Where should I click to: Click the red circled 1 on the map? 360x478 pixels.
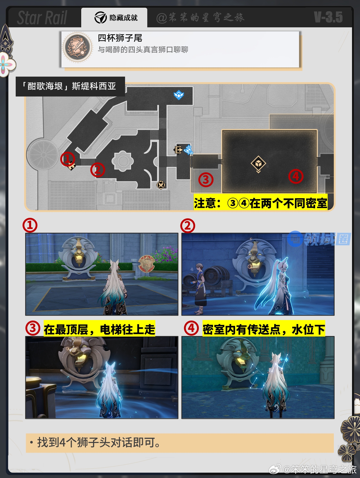(68, 159)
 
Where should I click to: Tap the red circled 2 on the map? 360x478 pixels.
(98, 170)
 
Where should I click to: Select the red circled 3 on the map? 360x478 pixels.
(206, 180)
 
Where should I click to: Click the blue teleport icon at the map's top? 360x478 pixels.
(179, 95)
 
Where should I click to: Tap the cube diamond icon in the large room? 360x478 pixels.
(258, 164)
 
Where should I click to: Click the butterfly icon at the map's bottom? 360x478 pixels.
(161, 185)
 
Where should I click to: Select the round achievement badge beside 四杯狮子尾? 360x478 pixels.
(77, 47)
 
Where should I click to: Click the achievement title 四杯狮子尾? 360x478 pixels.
(120, 38)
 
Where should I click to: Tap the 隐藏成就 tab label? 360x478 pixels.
(123, 18)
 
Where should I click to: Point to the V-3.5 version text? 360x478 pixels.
(329, 17)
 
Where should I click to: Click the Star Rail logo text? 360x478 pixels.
(42, 18)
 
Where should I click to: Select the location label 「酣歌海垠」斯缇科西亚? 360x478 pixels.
(69, 86)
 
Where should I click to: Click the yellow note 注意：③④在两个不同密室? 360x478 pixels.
(261, 203)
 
